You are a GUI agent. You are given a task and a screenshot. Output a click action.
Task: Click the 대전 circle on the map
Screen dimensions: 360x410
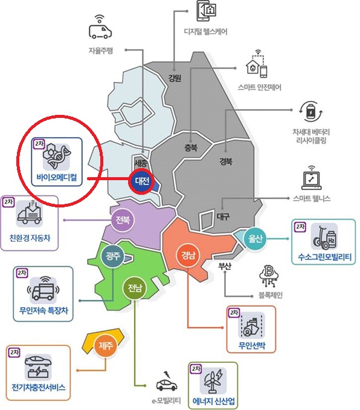coord(142,181)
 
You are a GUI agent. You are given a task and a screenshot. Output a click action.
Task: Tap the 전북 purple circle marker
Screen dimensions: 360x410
coord(123,220)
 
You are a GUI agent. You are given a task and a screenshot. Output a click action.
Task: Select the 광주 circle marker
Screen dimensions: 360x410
coord(112,255)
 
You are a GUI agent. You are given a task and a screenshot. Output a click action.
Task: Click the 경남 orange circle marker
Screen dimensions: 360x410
coord(188,255)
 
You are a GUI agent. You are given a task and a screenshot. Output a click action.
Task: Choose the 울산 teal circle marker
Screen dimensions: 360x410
coord(256,239)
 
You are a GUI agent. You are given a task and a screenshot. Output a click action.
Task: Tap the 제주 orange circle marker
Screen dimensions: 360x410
coord(106,346)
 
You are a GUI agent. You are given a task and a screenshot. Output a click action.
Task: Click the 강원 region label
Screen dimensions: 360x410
coord(175,77)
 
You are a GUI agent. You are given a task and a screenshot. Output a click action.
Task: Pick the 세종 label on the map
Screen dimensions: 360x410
coord(141,163)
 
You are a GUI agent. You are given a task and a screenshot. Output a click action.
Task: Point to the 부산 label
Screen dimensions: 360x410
coord(225,266)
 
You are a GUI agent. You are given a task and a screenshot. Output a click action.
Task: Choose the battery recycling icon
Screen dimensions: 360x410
coord(310,112)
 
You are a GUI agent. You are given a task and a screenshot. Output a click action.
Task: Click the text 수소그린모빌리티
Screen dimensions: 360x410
coord(325,257)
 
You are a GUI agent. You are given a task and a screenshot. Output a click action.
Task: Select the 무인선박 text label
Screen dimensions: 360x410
coord(252,345)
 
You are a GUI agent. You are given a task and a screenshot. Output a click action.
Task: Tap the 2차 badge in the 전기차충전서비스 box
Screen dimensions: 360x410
coord(14,352)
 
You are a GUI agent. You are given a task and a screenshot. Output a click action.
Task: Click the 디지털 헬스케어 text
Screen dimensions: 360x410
coord(206,32)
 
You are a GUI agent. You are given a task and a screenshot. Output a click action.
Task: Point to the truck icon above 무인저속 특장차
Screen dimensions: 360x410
coord(43,288)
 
